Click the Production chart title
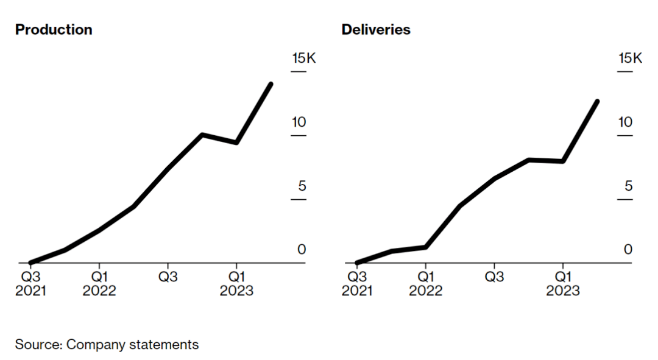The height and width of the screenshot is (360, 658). coord(54,30)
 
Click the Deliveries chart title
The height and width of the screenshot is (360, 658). coord(376,30)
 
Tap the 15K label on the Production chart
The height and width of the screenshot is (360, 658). coord(303,59)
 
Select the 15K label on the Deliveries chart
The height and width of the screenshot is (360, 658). coord(630,59)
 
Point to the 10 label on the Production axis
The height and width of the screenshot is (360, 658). coord(299,122)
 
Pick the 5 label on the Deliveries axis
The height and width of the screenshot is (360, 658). coord(629,186)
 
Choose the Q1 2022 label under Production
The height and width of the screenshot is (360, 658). coord(99,283)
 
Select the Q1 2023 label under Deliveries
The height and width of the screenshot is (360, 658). coord(563,283)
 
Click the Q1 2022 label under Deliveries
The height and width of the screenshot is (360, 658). coord(426,283)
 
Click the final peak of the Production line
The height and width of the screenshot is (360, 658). coord(271,84)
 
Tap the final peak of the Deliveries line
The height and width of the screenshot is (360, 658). coord(597,101)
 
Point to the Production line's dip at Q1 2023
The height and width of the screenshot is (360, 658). coord(236,143)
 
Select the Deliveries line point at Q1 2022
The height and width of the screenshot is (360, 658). coord(426,247)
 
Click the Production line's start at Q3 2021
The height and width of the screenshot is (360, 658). coord(31,263)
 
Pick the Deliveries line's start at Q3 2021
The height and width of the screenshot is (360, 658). coord(358,263)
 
